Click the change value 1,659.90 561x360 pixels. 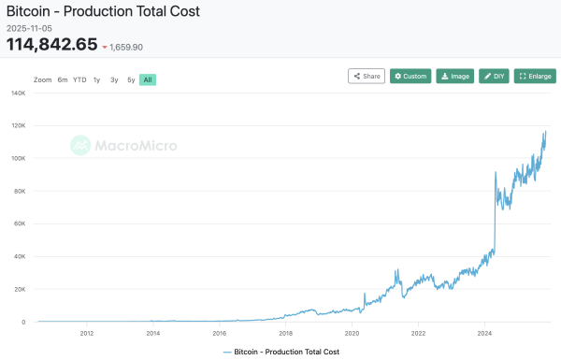pos(126,47)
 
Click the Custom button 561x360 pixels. pos(410,76)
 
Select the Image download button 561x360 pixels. pos(455,76)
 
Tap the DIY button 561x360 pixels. pos(494,76)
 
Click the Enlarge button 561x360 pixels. pos(535,76)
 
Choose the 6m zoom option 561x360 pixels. pos(63,79)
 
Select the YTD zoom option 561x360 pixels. pos(79,79)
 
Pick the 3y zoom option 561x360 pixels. pos(114,79)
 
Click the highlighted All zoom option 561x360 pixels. pos(147,79)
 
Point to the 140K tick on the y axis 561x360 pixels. pos(18,93)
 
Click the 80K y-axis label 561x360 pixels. pos(19,191)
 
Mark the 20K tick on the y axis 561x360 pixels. pos(19,289)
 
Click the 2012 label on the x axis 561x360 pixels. pos(87,332)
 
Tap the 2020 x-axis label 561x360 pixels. pos(352,332)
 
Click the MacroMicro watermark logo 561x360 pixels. pos(123,145)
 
